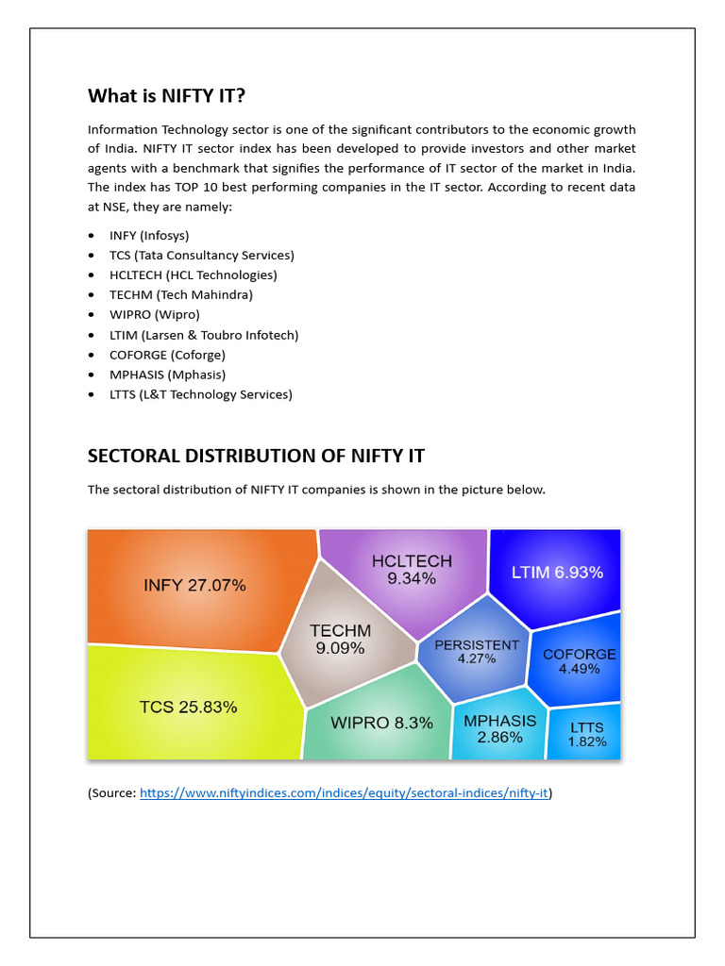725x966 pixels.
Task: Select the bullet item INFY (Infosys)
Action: click(156, 235)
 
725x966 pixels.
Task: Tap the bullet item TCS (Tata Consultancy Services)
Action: click(201, 255)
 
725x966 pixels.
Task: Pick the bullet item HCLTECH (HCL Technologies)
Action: click(193, 275)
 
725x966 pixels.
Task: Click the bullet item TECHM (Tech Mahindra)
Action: click(180, 294)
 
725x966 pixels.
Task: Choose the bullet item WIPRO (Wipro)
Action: click(154, 314)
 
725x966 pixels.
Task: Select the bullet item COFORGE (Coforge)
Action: click(167, 355)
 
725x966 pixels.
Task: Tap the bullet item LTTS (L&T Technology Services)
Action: click(200, 394)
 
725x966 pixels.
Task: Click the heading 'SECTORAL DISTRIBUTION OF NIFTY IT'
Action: click(256, 456)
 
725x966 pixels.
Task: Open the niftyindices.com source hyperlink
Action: click(344, 793)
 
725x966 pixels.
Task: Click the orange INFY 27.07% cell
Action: click(194, 586)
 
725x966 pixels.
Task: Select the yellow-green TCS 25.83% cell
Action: click(189, 706)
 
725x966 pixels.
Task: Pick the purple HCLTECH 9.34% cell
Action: click(411, 570)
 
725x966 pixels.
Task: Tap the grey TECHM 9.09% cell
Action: click(341, 640)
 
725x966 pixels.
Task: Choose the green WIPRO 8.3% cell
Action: click(381, 723)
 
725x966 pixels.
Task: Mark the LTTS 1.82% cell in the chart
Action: click(586, 735)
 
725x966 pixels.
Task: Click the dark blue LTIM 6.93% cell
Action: click(556, 573)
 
